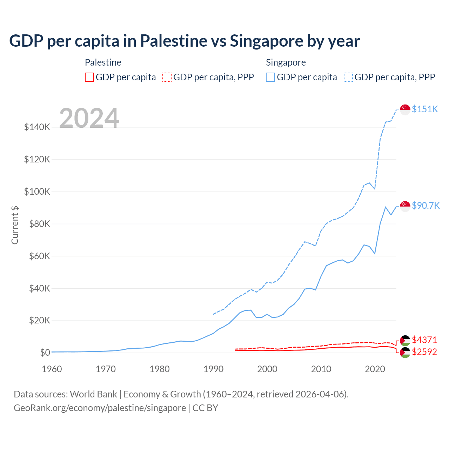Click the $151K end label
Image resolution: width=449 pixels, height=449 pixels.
(425, 109)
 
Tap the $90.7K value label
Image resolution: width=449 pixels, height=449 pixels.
(425, 206)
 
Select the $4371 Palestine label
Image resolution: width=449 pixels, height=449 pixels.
(424, 340)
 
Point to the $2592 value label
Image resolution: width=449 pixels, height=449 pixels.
(424, 352)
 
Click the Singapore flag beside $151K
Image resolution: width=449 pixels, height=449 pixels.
(405, 109)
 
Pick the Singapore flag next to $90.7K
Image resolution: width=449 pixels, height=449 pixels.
(405, 206)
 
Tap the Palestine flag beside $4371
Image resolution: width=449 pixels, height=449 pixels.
(405, 341)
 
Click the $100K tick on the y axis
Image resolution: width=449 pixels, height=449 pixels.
(37, 192)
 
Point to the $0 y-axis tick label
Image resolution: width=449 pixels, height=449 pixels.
(45, 353)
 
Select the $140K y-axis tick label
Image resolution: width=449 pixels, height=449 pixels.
(37, 127)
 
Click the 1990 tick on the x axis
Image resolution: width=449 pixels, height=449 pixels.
(213, 369)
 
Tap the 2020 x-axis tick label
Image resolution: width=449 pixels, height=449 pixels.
(375, 369)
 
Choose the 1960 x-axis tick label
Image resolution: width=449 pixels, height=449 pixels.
(52, 369)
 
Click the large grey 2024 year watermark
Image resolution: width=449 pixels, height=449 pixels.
(89, 118)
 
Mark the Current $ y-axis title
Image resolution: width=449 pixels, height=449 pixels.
(15, 225)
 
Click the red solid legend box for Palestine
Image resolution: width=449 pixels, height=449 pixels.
(89, 77)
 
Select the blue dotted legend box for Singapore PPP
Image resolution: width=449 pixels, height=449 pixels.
(348, 77)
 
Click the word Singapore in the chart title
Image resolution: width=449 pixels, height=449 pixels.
(266, 41)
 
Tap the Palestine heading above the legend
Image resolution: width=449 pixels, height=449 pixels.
(103, 62)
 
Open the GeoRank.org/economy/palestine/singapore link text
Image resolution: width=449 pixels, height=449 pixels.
(100, 408)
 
